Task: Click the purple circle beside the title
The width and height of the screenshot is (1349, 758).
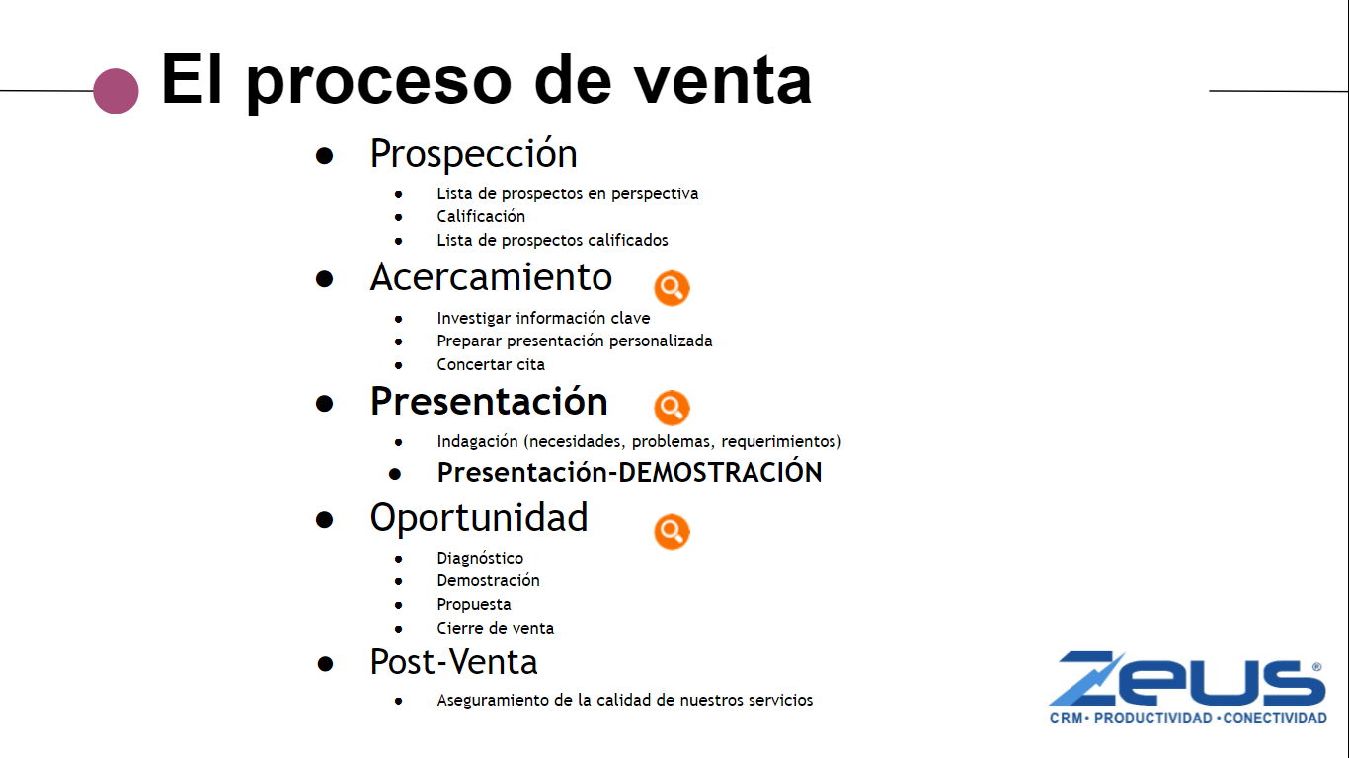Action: [x=116, y=91]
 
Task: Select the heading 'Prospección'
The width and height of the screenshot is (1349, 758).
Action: [x=473, y=154]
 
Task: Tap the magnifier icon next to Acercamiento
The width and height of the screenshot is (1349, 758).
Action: [x=672, y=288]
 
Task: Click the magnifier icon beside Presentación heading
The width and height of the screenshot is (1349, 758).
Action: [x=672, y=408]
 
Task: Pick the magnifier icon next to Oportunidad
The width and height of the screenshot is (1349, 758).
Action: [x=672, y=532]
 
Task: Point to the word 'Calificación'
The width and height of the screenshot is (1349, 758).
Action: [x=481, y=217]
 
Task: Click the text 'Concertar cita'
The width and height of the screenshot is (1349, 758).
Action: [x=491, y=364]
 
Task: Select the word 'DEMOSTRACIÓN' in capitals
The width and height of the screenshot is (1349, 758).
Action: [x=720, y=472]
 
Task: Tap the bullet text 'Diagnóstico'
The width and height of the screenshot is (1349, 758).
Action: [x=480, y=558]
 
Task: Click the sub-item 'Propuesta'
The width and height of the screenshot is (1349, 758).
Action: [x=474, y=604]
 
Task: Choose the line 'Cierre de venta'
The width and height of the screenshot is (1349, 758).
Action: [x=495, y=628]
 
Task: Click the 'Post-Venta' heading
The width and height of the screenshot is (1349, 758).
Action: [x=453, y=662]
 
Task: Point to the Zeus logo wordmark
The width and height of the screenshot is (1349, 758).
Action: [x=1187, y=678]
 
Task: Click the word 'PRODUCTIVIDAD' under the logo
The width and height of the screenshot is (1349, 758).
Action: [x=1152, y=719]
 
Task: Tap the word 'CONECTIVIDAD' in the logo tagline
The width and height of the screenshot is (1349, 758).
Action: [x=1275, y=719]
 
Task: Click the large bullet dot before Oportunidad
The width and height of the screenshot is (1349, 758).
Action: [x=324, y=519]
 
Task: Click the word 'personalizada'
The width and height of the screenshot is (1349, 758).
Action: [x=661, y=341]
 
